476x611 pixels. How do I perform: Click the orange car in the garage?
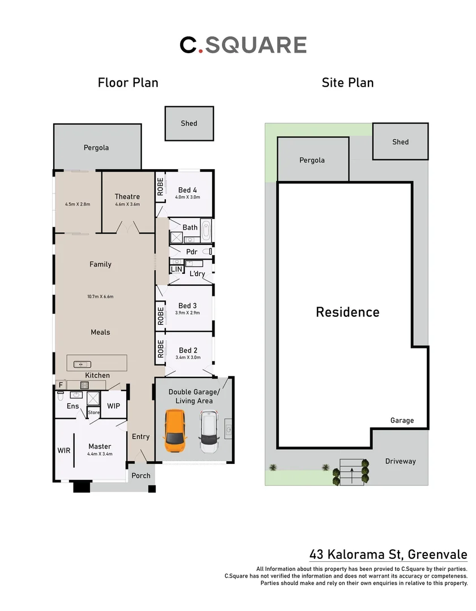tap(175, 431)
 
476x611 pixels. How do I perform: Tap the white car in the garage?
tap(209, 432)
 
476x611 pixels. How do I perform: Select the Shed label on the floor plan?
tap(189, 123)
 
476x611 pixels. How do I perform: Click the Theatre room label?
tap(127, 196)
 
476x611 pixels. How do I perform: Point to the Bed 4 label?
tap(187, 190)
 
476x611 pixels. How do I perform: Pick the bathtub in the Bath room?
tap(205, 230)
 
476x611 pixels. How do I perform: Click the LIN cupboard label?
tap(177, 270)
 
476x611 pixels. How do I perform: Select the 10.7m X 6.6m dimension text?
tap(101, 296)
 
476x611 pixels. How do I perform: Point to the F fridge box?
tap(60, 385)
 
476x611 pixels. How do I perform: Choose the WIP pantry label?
tap(113, 406)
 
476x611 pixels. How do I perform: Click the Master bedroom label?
tap(100, 446)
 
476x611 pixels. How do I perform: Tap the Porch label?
tap(141, 475)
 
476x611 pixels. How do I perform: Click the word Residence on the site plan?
tap(348, 312)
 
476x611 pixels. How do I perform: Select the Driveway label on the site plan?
tap(400, 461)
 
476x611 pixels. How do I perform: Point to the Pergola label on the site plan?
tap(312, 160)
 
